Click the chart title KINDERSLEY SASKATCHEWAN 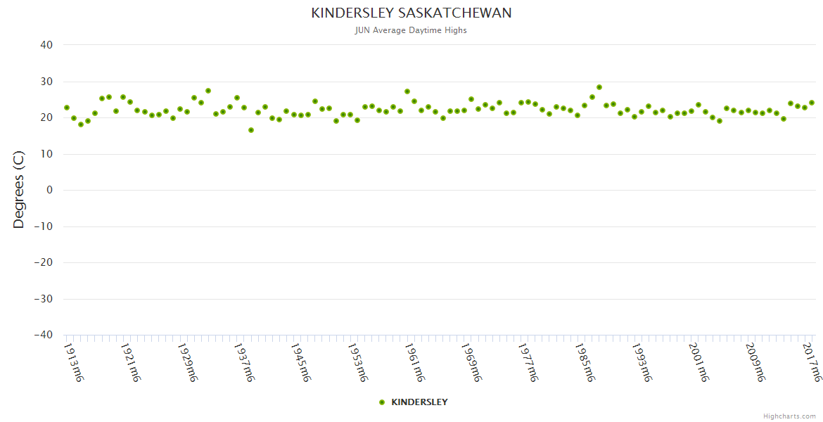412,13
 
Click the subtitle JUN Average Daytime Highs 412,30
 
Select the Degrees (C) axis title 19,190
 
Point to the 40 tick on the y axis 46,45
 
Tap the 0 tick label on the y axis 50,190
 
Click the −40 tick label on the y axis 43,335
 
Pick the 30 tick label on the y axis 46,82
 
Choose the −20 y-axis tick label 43,262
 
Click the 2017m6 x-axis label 812,362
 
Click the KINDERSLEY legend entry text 419,402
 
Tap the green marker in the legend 382,402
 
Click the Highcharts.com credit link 789,416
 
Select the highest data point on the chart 599,87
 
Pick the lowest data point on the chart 251,130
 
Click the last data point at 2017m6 812,103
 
